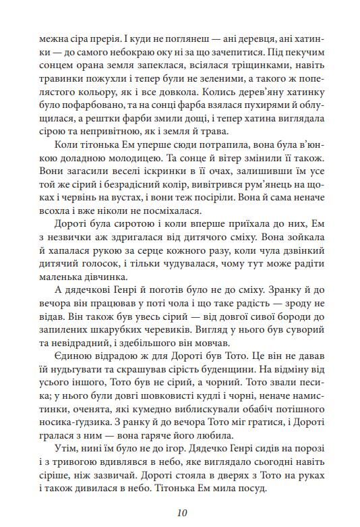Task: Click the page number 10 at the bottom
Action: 179,512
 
